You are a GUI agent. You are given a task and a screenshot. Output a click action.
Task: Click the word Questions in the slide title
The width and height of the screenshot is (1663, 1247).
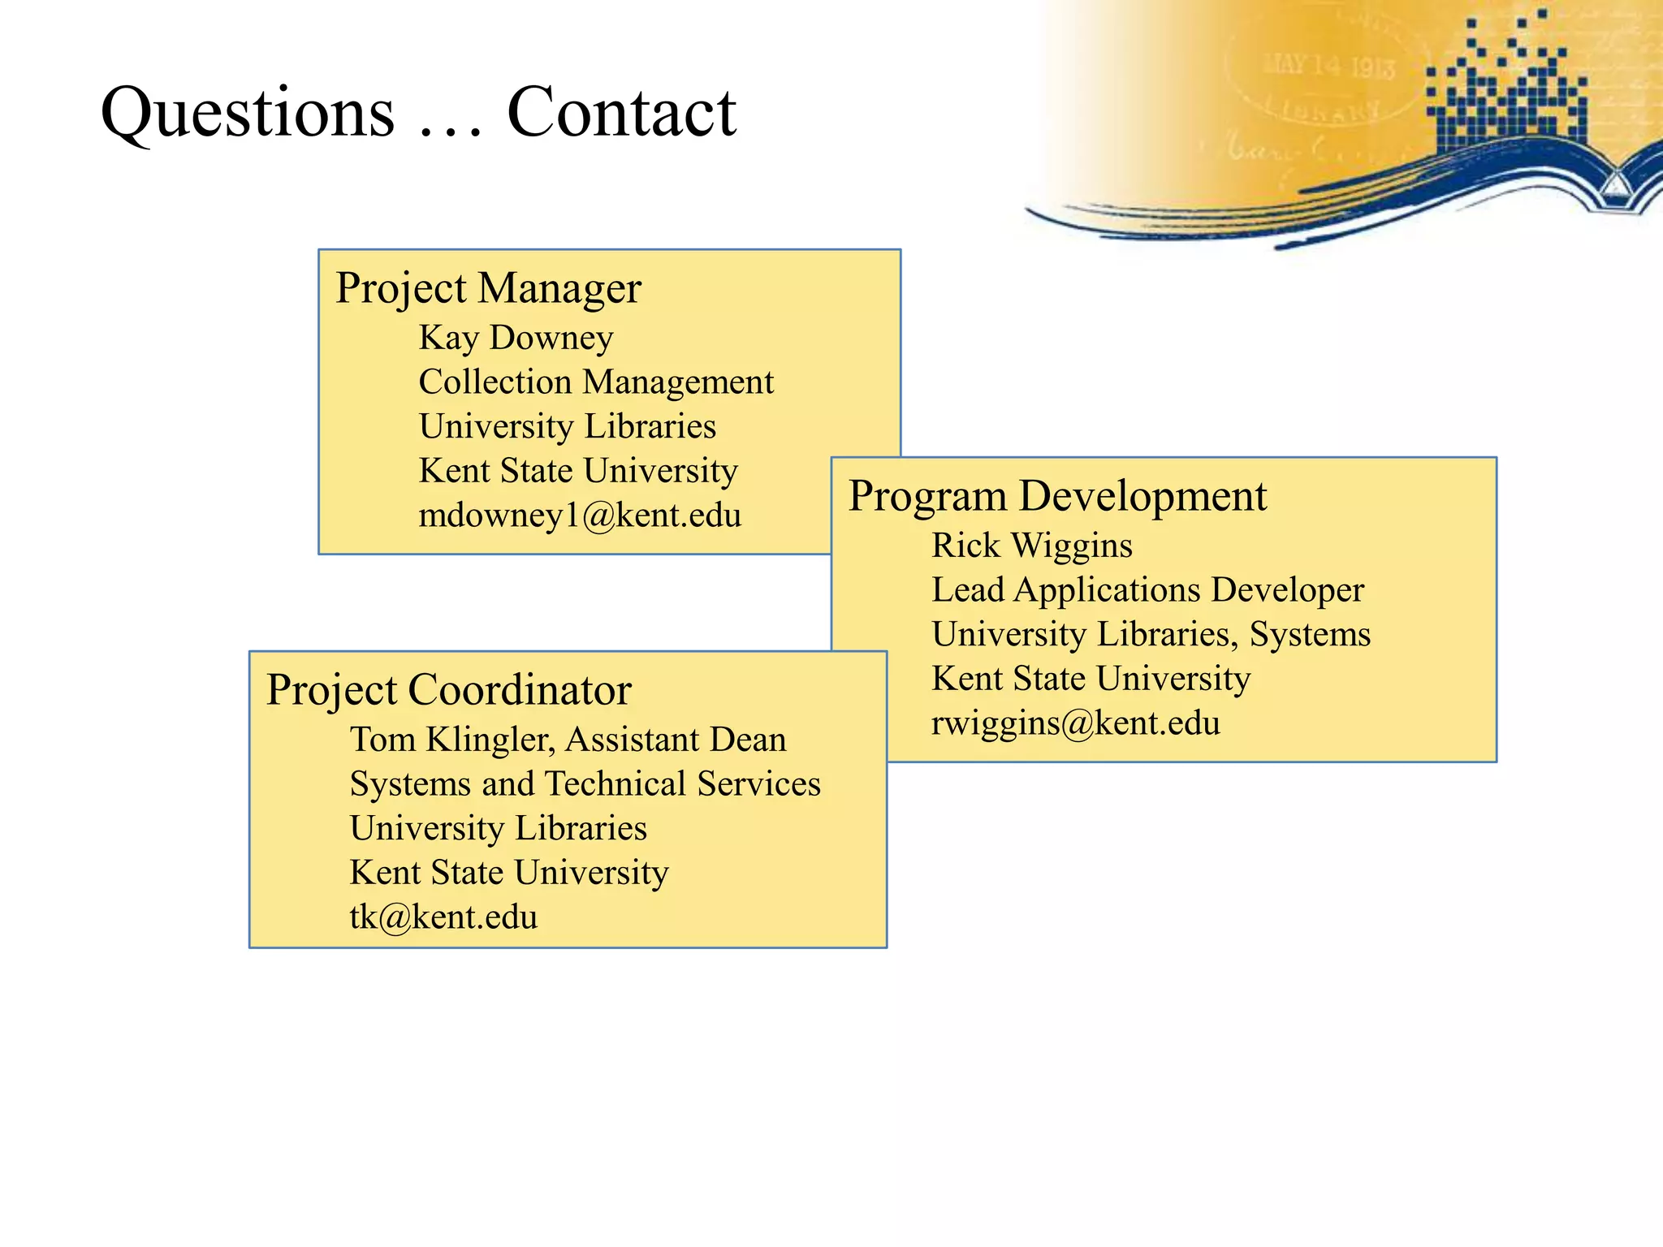[248, 113]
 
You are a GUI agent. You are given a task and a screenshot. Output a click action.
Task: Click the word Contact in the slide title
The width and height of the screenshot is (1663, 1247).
[621, 113]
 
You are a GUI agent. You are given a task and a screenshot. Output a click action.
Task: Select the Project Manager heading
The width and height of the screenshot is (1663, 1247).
[488, 288]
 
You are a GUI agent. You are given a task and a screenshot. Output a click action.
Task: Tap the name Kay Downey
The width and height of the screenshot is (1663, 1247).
[516, 338]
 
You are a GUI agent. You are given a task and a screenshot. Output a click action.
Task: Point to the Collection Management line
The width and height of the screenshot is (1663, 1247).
[596, 382]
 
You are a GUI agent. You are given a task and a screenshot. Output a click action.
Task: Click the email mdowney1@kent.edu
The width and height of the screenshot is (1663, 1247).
[580, 516]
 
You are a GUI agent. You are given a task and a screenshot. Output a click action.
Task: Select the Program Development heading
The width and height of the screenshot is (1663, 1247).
[1057, 496]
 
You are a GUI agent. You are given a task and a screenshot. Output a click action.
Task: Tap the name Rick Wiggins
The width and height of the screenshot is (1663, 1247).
[1031, 546]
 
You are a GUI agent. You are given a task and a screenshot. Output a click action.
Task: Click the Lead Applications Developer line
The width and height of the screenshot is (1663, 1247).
[1147, 590]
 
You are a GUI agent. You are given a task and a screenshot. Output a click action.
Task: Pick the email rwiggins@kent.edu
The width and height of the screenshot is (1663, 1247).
[1075, 723]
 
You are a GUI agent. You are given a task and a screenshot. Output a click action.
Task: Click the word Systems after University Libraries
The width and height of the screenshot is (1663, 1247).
[1310, 635]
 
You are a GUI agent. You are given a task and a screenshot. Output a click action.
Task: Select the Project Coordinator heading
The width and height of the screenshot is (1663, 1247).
[448, 690]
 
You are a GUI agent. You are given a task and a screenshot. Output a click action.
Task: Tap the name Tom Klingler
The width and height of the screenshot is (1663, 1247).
[451, 740]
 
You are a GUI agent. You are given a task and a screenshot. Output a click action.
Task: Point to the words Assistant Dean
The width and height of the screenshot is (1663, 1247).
[676, 740]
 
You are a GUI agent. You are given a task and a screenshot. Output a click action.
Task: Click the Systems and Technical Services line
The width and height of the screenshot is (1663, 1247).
[585, 784]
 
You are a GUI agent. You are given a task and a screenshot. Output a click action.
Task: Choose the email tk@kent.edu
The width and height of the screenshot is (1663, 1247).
[443, 917]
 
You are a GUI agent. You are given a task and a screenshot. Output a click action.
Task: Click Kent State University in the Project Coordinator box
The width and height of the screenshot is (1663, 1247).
[509, 873]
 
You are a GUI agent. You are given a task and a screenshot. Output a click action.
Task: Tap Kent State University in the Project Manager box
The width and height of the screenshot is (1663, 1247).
[578, 471]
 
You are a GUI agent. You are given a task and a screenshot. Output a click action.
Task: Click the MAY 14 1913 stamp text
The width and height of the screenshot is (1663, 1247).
[1328, 65]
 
